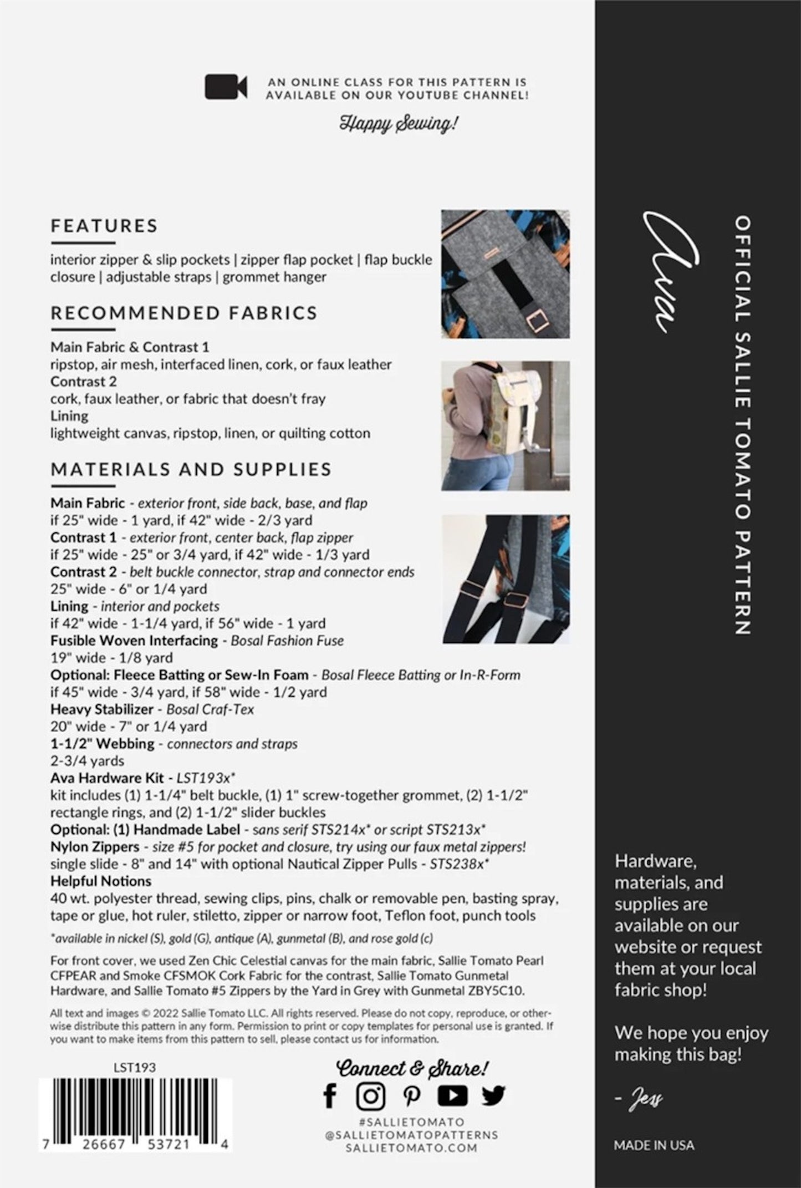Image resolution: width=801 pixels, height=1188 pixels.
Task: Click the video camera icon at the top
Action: point(226,87)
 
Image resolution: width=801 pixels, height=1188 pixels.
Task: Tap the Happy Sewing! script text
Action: point(399,123)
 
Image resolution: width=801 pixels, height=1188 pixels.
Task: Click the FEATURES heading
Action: point(104,226)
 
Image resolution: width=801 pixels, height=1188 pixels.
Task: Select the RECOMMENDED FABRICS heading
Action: point(184,313)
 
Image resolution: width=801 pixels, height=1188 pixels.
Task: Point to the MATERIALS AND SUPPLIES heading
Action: point(191,469)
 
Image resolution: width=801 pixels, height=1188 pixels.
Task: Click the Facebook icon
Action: point(330,1095)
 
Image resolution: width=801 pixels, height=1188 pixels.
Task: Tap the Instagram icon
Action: point(370,1095)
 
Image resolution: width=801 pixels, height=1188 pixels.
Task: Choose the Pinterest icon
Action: point(411,1095)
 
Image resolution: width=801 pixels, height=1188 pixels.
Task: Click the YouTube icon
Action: point(452,1095)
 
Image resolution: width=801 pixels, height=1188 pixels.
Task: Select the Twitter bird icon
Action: point(493,1095)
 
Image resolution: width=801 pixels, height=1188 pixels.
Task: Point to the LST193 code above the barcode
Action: point(135,1068)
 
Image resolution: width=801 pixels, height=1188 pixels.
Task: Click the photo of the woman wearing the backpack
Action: point(505,425)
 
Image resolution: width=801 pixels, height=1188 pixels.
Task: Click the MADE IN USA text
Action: point(654,1146)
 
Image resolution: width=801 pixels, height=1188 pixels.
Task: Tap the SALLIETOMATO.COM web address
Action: point(411,1148)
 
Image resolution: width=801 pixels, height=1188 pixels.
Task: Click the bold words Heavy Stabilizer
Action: point(102,709)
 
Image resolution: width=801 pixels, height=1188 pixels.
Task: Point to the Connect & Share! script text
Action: point(412,1068)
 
